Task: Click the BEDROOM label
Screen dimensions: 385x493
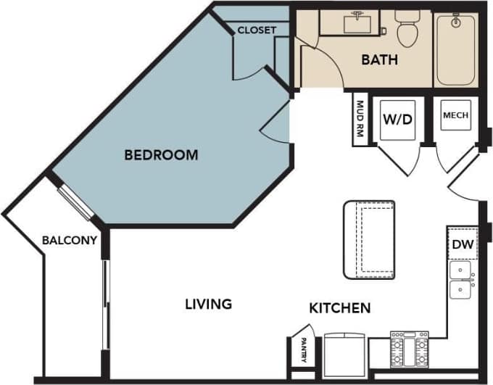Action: [161, 154]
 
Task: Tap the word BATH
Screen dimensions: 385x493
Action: [379, 59]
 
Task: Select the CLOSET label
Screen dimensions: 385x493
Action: [257, 30]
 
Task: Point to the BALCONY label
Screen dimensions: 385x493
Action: [69, 241]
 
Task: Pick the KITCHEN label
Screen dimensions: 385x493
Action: [340, 308]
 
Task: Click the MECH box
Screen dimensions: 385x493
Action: [455, 115]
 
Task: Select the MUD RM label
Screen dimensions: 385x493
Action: [360, 120]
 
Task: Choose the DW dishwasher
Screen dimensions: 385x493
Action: [462, 245]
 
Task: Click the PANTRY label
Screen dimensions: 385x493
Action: [298, 353]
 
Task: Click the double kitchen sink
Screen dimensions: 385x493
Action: [462, 281]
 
